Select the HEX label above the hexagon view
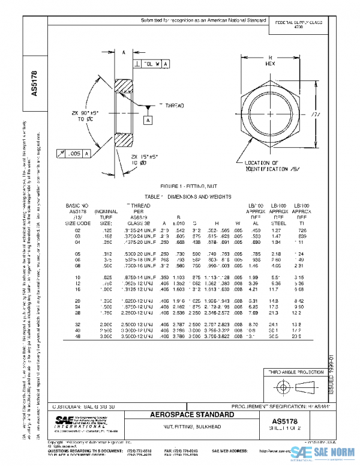pos(271,62)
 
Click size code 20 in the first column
pos(77,300)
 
